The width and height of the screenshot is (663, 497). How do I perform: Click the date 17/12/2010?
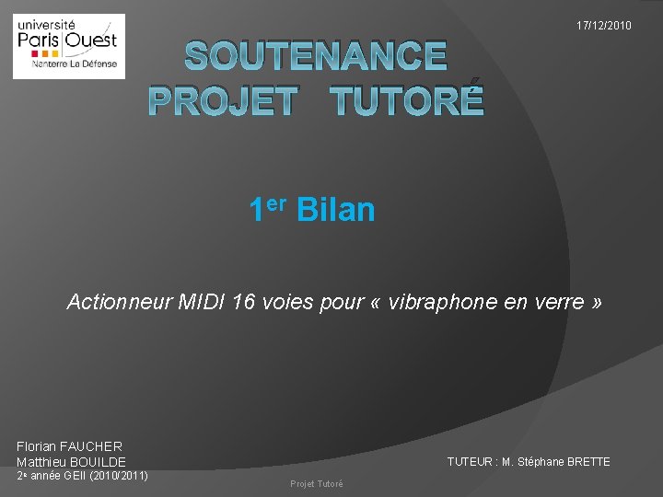click(x=604, y=26)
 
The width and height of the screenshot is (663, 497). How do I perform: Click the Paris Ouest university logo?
click(x=68, y=46)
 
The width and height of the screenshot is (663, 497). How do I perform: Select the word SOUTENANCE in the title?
click(x=316, y=57)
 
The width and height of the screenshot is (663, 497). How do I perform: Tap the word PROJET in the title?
click(x=223, y=100)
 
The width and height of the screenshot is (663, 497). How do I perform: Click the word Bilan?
click(x=336, y=210)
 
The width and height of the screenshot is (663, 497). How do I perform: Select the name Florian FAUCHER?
click(x=69, y=446)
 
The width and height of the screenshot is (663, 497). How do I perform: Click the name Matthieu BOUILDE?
click(x=71, y=461)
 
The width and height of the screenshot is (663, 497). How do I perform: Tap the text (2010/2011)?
click(x=118, y=476)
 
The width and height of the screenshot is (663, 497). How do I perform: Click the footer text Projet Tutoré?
click(x=316, y=484)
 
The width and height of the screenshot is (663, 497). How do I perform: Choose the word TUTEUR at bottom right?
click(x=468, y=462)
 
